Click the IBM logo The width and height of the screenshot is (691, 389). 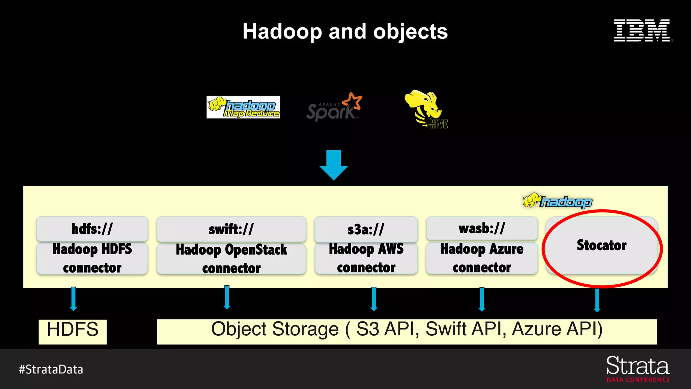pyautogui.click(x=642, y=31)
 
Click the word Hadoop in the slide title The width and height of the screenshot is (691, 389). pyautogui.click(x=282, y=32)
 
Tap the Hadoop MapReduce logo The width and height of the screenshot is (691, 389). pyautogui.click(x=243, y=107)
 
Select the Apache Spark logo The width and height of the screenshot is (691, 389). pyautogui.click(x=334, y=108)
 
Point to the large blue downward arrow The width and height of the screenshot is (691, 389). pyautogui.click(x=333, y=165)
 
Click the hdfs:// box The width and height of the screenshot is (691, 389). pyautogui.click(x=92, y=229)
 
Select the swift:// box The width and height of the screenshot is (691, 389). pyautogui.click(x=231, y=229)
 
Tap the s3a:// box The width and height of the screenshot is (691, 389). pyautogui.click(x=366, y=229)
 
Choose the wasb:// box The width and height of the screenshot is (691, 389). pyautogui.click(x=481, y=228)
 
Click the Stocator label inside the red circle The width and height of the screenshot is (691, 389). pyautogui.click(x=601, y=245)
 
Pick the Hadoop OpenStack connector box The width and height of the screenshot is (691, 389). pyautogui.click(x=231, y=259)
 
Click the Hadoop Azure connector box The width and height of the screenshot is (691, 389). pyautogui.click(x=481, y=258)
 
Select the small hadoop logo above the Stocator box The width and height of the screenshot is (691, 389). pyautogui.click(x=557, y=201)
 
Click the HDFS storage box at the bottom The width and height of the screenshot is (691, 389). pyautogui.click(x=73, y=331)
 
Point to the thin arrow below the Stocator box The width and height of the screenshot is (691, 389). pyautogui.click(x=597, y=300)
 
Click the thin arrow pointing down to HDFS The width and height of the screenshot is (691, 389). pyautogui.click(x=73, y=299)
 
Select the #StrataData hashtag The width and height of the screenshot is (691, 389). pyautogui.click(x=51, y=369)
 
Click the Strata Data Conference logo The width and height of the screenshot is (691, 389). pyautogui.click(x=638, y=369)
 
